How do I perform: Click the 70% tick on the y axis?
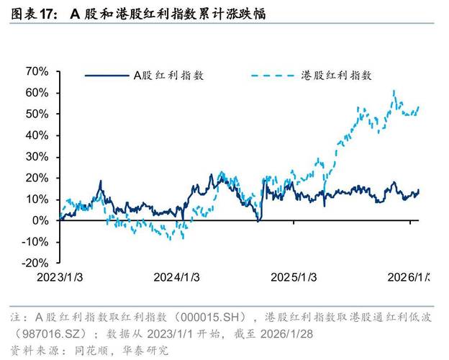[36, 71]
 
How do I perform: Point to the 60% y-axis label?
[36, 93]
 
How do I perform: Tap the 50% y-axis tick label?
[36, 114]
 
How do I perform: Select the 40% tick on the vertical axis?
[36, 135]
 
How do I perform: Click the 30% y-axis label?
[36, 156]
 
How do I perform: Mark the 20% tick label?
[36, 178]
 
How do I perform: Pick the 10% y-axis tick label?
[36, 199]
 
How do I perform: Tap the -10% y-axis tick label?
[34, 241]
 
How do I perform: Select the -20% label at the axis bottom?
[34, 263]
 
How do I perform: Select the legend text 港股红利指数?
[337, 75]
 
